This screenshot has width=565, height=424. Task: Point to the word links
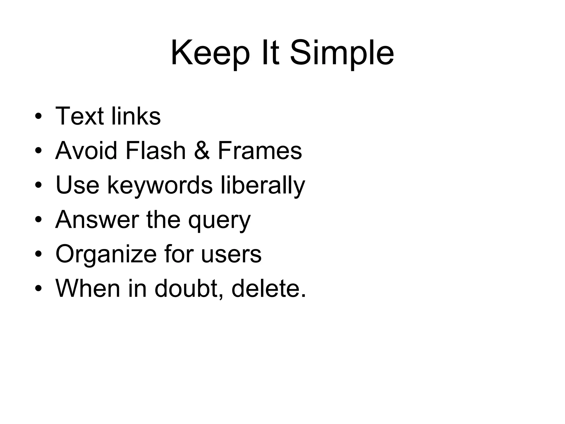click(136, 116)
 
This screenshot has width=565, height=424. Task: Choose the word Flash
click(156, 150)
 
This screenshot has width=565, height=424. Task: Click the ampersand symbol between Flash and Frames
click(202, 151)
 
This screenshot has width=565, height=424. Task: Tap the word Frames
click(260, 150)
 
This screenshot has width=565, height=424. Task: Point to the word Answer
click(97, 220)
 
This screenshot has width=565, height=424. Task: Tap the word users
click(231, 255)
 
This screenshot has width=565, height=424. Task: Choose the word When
click(88, 288)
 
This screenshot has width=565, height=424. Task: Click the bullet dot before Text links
click(38, 116)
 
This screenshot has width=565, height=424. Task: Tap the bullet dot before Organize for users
click(38, 254)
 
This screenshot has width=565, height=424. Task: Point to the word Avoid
click(86, 150)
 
